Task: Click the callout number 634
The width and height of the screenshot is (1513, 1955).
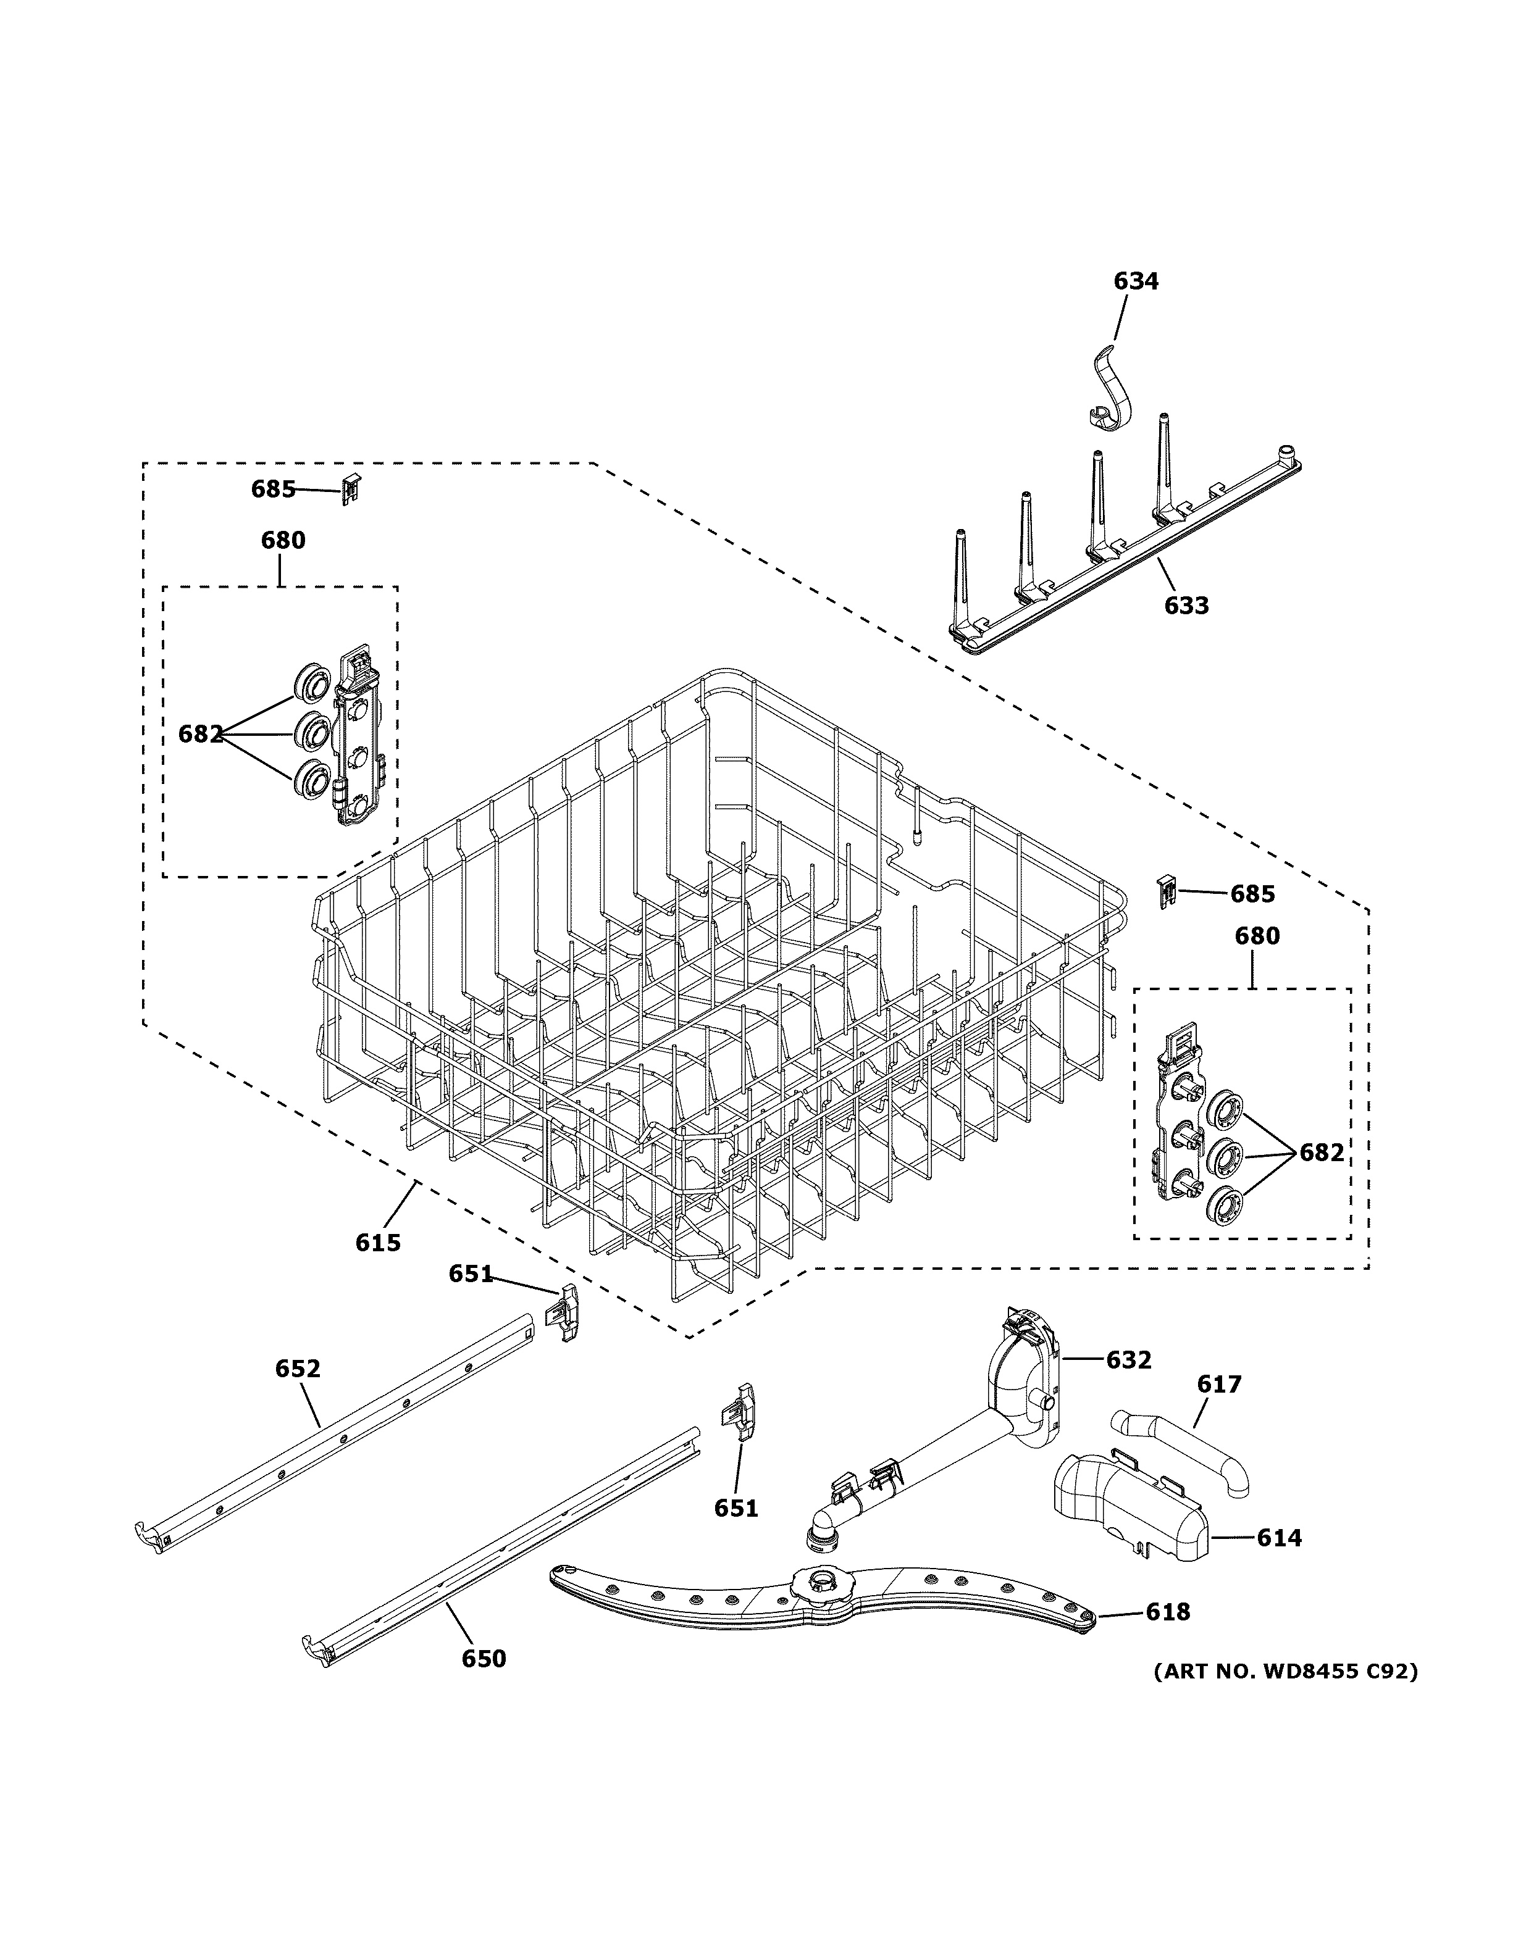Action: click(1135, 281)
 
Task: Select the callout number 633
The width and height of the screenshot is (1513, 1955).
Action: click(1186, 606)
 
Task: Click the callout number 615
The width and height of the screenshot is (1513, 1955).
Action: click(378, 1243)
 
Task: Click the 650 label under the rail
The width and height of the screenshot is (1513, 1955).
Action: click(484, 1659)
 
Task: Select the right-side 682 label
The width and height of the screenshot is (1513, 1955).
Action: click(1322, 1153)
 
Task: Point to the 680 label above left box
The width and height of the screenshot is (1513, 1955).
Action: click(283, 541)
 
